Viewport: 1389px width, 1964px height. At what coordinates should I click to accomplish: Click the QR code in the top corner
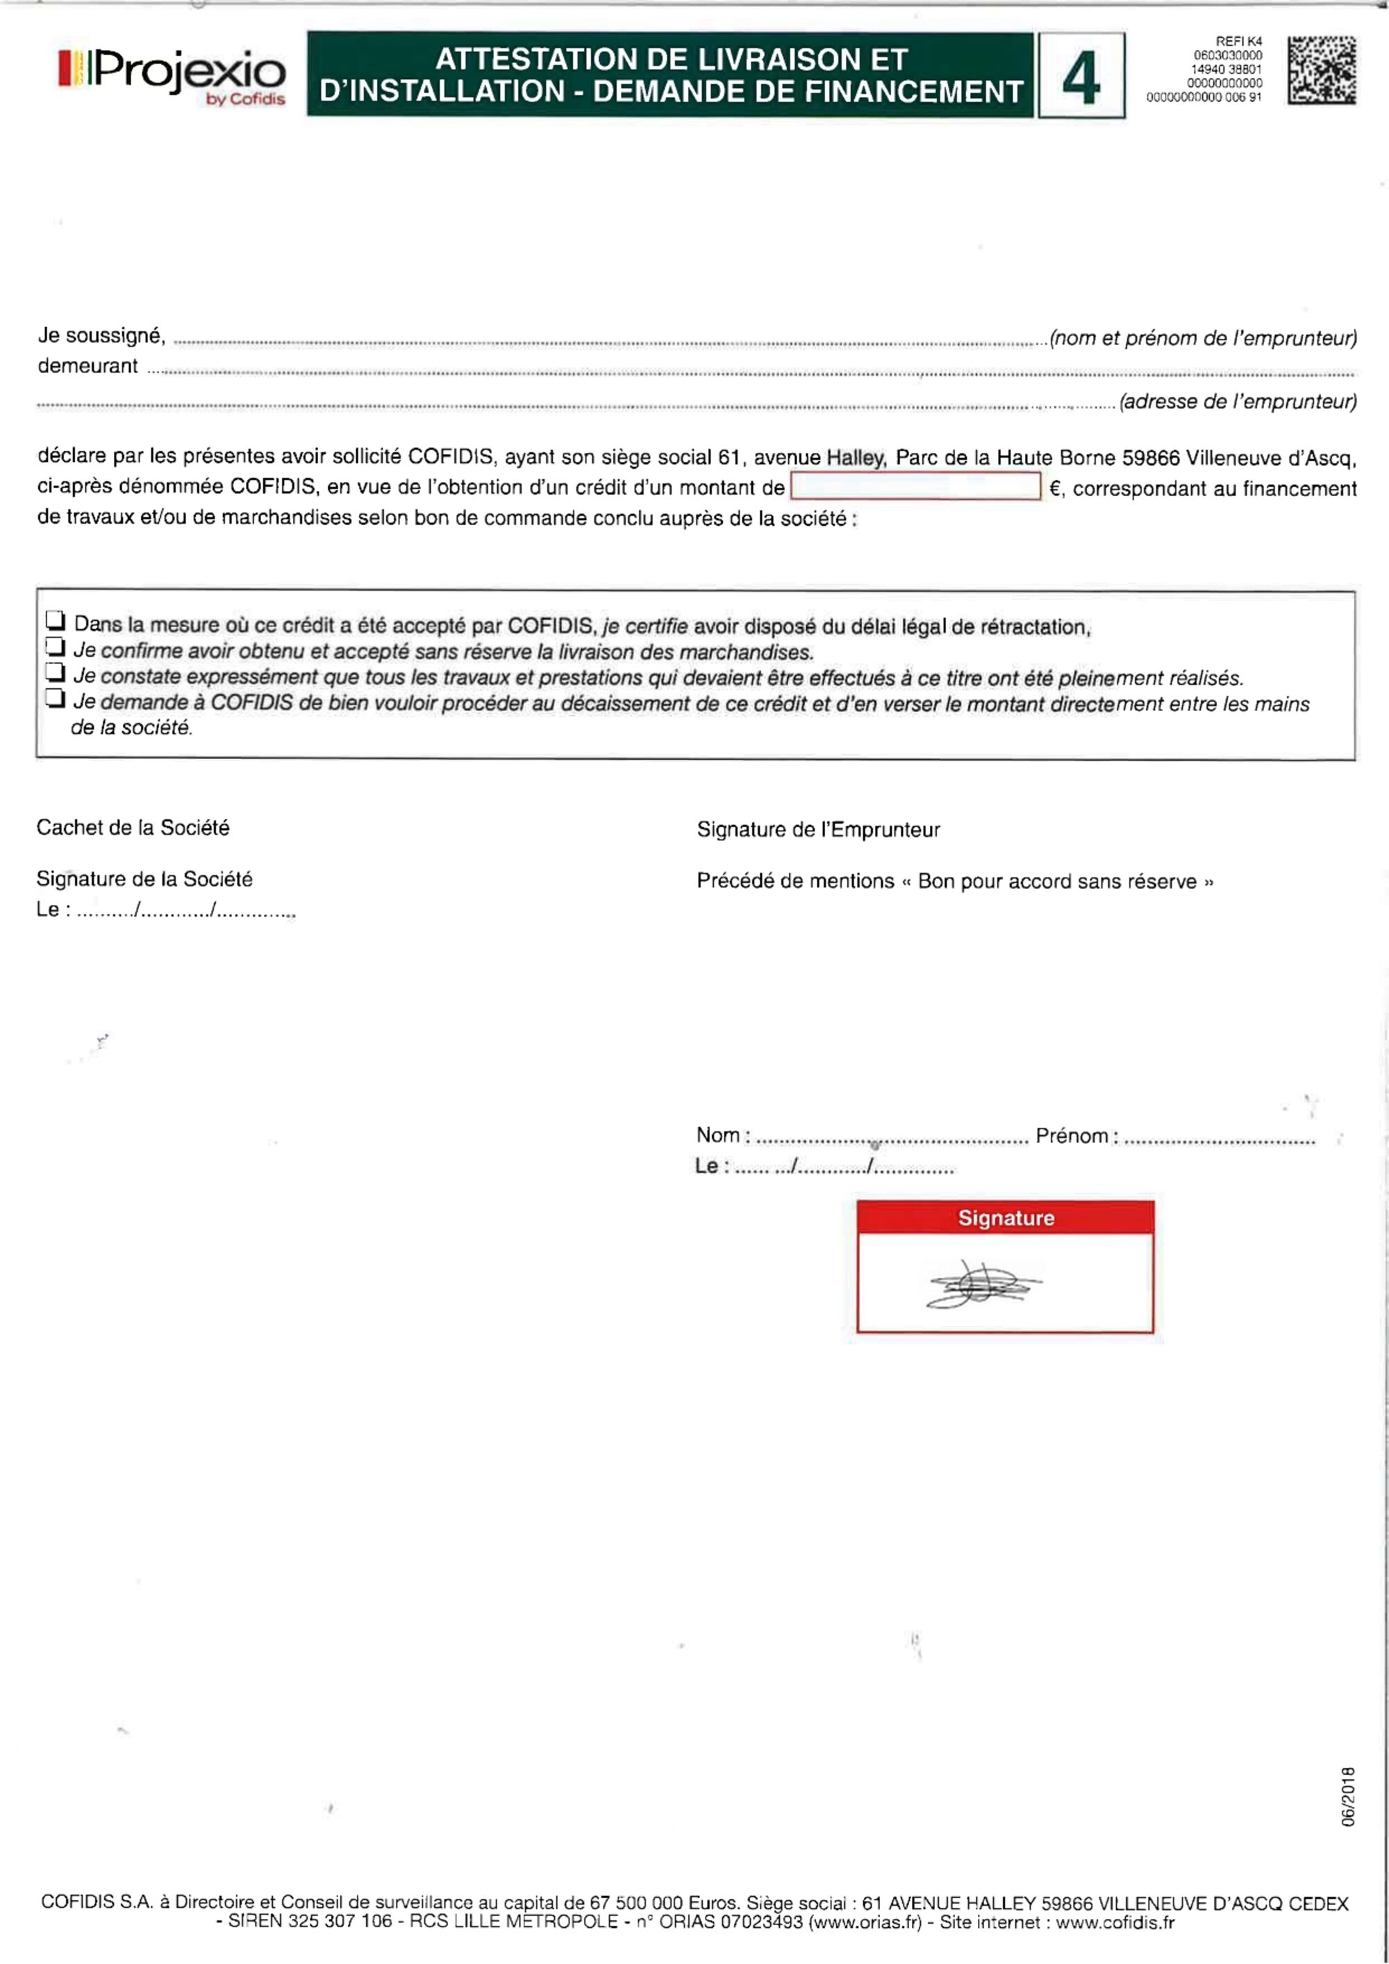1322,70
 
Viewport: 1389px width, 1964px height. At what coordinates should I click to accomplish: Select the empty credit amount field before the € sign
915,487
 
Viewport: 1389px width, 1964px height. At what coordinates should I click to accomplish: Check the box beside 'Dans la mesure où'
56,619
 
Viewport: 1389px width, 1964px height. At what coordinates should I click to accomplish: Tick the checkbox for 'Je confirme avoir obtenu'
56,646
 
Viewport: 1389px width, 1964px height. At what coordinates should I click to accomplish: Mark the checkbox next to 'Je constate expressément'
56,672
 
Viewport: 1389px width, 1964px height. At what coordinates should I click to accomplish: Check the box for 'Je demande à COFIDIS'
56,698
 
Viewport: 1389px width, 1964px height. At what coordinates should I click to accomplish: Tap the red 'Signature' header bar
1005,1217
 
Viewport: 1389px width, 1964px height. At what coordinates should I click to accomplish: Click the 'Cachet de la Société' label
133,827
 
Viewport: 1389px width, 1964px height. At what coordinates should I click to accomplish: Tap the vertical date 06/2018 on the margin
1349,1797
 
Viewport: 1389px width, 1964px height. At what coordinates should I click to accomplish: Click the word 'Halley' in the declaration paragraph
856,458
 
